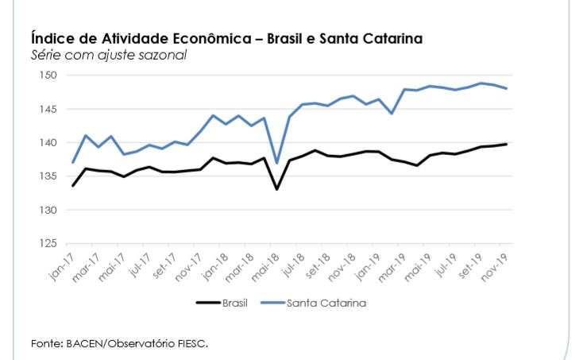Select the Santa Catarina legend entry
(x=326, y=302)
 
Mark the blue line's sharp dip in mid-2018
(x=277, y=163)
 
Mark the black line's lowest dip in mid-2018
(x=277, y=189)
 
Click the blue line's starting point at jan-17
(x=72, y=163)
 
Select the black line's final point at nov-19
(x=507, y=144)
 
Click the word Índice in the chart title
(x=50, y=38)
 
